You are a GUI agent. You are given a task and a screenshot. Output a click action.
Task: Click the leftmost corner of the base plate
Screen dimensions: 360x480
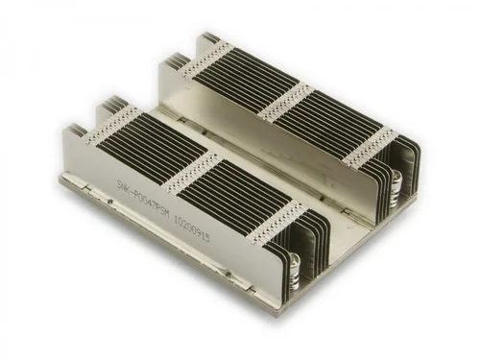pos(60,177)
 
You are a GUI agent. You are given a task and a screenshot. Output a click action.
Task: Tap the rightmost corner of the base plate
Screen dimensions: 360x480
pos(420,197)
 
